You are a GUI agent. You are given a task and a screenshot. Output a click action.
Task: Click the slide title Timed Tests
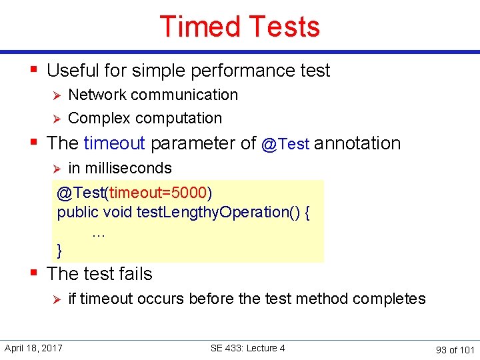(x=240, y=27)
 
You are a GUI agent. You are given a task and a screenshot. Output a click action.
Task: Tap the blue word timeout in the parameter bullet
(x=114, y=143)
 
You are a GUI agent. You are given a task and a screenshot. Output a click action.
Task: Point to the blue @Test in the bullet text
(x=285, y=144)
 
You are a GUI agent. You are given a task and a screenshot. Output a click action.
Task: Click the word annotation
(x=357, y=143)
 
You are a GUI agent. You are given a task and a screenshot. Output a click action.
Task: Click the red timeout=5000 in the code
(x=158, y=193)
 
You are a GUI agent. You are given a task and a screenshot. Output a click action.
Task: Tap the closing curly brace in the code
(x=60, y=250)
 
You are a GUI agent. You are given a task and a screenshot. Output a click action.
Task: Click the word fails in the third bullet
(x=133, y=274)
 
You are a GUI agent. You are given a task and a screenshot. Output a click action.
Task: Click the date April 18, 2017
(x=33, y=348)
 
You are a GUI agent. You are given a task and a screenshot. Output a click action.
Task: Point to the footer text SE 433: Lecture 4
(x=247, y=348)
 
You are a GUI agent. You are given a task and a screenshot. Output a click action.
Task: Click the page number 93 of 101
(x=455, y=349)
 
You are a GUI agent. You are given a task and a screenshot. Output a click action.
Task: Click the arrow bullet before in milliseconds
(x=57, y=169)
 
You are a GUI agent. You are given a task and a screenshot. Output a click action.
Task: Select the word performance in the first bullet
(x=242, y=71)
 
